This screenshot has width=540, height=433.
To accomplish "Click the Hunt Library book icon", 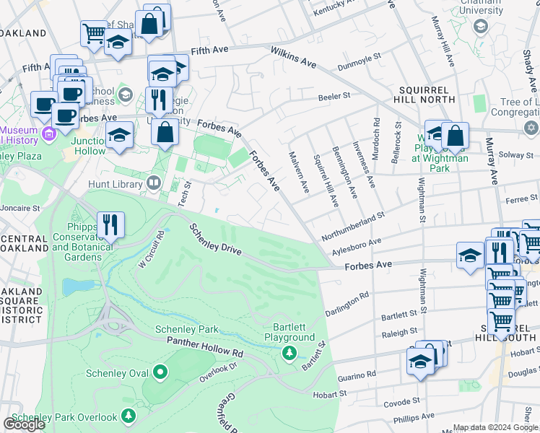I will coord(153,183).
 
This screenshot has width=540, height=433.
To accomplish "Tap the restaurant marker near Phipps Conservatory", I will coord(110,224).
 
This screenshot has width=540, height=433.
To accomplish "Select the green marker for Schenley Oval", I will coord(160,372).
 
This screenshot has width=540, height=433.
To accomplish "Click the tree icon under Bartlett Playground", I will coord(289,352).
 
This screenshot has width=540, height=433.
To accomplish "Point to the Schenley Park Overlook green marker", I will coord(128,416).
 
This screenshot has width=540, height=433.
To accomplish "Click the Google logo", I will coord(24,424).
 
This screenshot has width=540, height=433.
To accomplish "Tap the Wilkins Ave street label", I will coord(294,58).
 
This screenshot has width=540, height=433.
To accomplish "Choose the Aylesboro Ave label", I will coord(356,246).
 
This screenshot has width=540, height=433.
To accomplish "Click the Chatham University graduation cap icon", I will coord(480,27).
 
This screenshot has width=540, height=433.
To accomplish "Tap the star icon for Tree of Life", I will coord(531,128).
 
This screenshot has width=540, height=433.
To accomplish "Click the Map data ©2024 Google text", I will coord(495,427).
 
